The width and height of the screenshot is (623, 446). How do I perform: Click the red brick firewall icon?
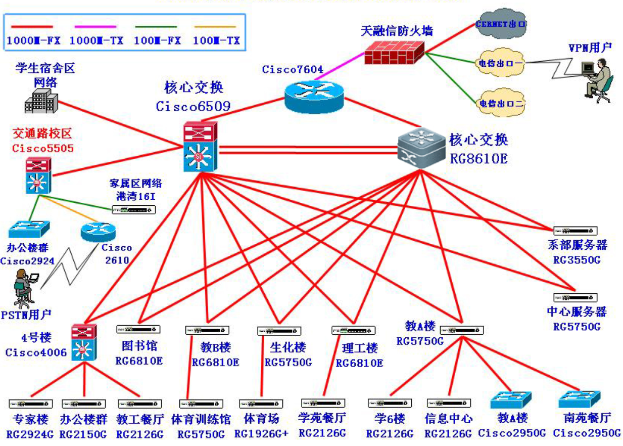click(395, 51)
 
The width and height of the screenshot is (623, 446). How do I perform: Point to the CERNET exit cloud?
click(500, 24)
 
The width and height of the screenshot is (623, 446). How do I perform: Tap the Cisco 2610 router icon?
click(99, 232)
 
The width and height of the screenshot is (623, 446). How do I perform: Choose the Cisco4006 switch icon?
click(83, 342)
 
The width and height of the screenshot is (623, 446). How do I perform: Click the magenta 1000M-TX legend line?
click(93, 26)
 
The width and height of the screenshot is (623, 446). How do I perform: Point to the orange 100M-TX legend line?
click(215, 26)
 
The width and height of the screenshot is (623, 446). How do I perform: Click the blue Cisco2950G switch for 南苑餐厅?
click(580, 400)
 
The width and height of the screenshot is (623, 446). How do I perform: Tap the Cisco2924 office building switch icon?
click(29, 229)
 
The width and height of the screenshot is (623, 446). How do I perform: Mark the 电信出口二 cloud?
click(500, 104)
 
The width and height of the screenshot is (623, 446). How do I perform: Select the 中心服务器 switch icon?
click(576, 298)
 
